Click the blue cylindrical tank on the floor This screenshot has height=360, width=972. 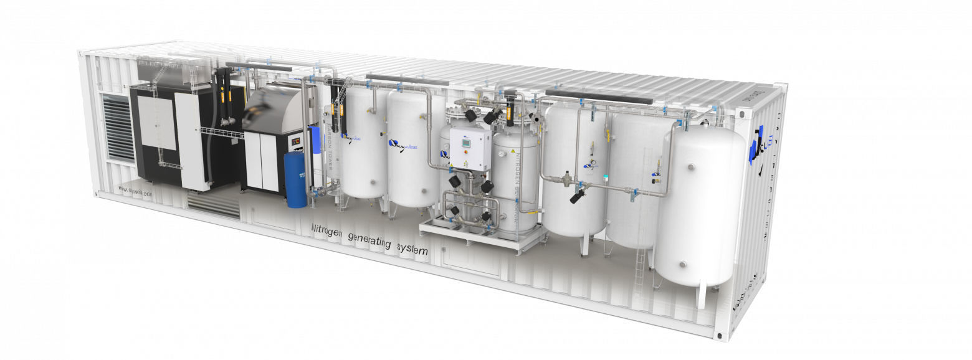[295, 179]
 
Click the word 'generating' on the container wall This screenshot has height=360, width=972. [371, 240]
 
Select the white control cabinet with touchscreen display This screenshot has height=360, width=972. [470, 149]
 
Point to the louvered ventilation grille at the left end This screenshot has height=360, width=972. [119, 136]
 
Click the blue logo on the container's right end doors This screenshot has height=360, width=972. [758, 145]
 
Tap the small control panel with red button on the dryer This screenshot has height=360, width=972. [295, 141]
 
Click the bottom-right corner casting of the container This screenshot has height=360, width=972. [721, 336]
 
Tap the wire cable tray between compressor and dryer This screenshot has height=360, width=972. [221, 132]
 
